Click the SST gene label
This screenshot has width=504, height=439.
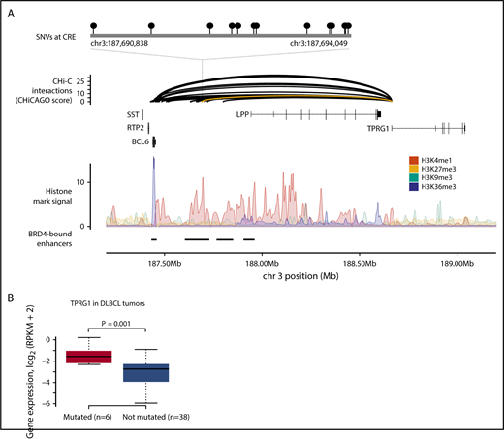click(x=134, y=114)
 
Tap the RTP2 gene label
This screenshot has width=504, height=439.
click(x=132, y=128)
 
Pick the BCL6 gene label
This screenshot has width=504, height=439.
click(x=132, y=141)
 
